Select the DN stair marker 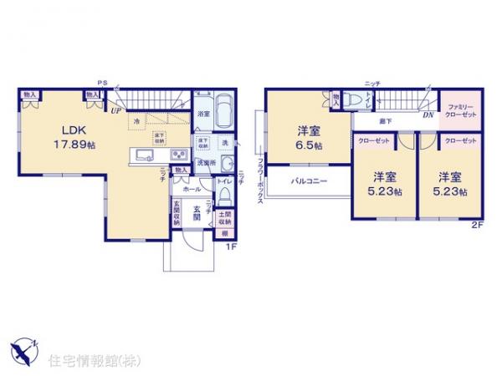tap(428, 114)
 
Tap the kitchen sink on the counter tap(141, 155)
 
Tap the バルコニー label tap(310, 181)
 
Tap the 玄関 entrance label tap(197, 212)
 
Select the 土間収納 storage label tap(224, 220)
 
